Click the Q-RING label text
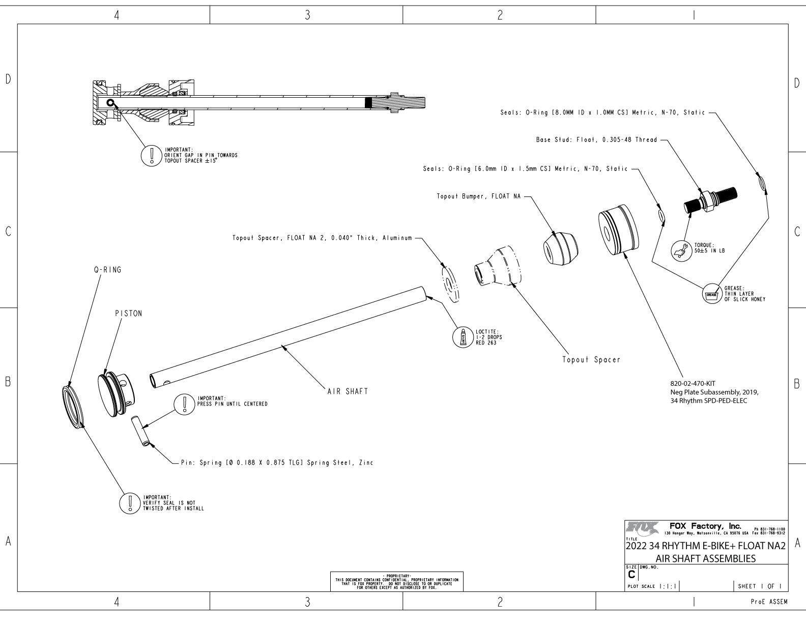click(107, 270)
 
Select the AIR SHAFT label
click(347, 391)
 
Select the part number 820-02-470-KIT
click(693, 383)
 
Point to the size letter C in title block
click(631, 574)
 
